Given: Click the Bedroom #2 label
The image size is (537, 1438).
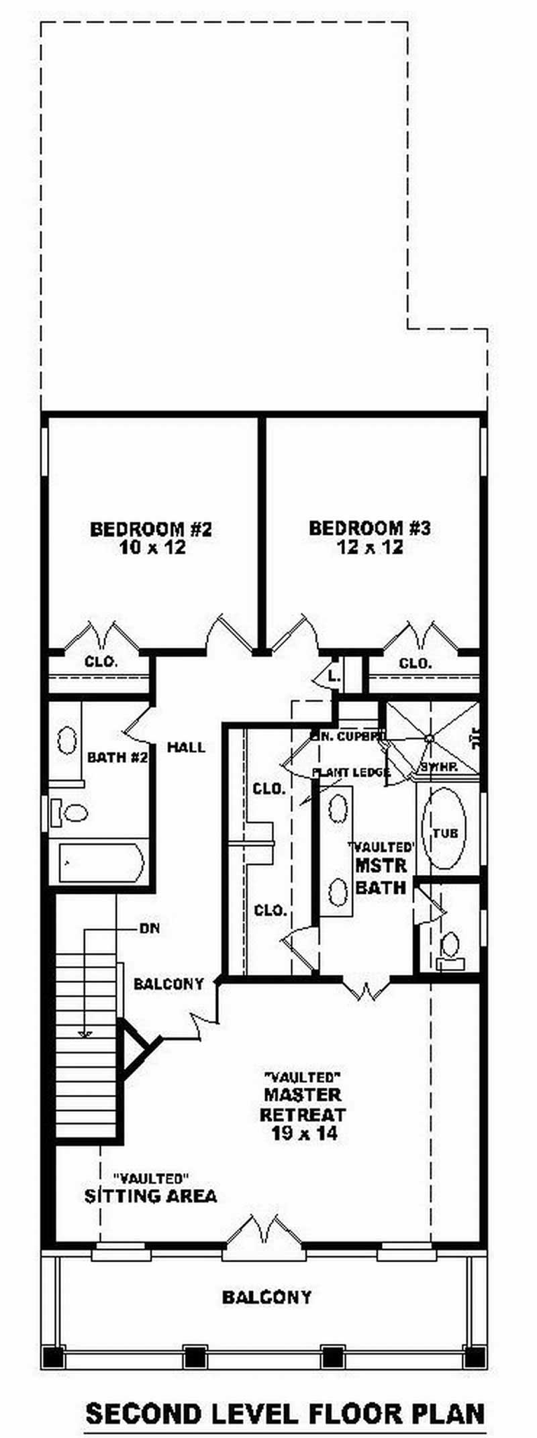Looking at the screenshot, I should pos(151,529).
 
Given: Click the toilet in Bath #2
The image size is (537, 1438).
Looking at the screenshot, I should pos(70,813).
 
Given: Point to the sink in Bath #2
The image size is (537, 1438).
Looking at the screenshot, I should pos(67,740).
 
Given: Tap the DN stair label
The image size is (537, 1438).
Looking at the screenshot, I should pos(149,929).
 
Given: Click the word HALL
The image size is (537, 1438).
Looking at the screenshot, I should pos(186,748).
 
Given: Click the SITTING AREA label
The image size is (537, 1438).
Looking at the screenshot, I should pos(151,1196).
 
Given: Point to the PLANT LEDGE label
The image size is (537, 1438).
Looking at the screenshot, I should pos(350,773).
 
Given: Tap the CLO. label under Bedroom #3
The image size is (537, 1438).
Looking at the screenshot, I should pos(415,664).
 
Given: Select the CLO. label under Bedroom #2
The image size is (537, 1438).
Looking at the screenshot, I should pos(101,662).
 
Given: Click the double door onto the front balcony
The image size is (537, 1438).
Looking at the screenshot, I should pos(264,1231).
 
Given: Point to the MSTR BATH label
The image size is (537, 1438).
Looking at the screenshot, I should pos(381,876).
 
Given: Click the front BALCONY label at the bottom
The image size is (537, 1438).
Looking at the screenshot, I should pos(266,1297).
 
